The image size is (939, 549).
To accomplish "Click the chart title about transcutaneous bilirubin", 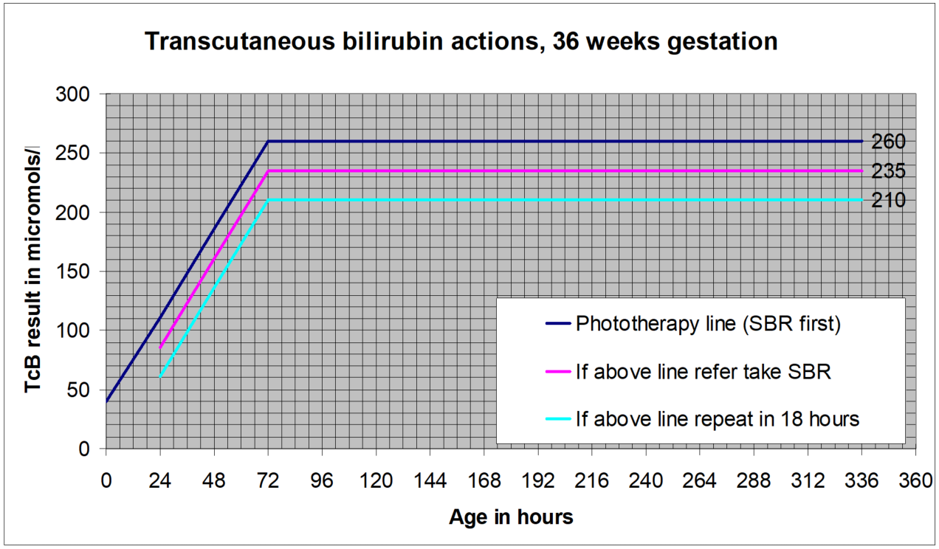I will coord(461,41).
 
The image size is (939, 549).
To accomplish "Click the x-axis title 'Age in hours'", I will coord(511,517).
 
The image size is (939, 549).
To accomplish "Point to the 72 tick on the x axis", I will coord(268,481).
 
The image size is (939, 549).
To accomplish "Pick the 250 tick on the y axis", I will coord(73,153).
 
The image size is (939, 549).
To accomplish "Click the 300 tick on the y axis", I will coord(73,94).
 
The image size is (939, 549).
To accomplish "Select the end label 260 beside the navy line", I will coord(888,142).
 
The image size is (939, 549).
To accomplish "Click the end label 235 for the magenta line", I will coord(888,171).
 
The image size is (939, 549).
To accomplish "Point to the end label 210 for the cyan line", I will coord(888,200).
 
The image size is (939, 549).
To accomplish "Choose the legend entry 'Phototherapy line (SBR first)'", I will coord(708,325).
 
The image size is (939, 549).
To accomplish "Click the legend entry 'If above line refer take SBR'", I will coord(704,372).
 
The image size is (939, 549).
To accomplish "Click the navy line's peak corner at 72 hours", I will coord(268,141).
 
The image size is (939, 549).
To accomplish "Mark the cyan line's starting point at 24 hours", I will coord(160,377).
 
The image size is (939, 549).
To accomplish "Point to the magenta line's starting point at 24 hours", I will coord(160,348).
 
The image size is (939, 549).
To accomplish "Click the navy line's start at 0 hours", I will coord(106,401).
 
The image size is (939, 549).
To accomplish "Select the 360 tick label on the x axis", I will coord(915,481).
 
